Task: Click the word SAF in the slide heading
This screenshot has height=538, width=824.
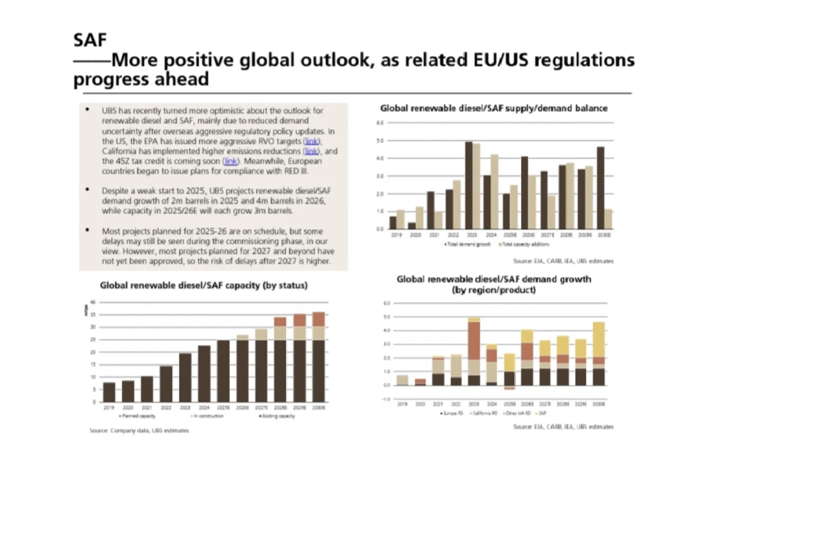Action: coord(90,40)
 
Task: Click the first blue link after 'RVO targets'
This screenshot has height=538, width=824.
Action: coord(312,141)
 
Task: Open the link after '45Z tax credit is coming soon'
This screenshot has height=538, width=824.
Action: coord(230,161)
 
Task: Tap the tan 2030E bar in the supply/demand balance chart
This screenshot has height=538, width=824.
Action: coord(608,219)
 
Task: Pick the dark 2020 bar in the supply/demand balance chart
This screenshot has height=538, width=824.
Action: coord(412,226)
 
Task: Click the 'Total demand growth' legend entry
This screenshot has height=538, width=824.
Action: coord(468,245)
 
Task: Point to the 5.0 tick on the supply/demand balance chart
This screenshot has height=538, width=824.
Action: coord(380,141)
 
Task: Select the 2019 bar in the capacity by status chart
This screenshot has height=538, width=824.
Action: coord(109,392)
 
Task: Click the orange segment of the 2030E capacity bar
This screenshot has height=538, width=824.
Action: coord(318,319)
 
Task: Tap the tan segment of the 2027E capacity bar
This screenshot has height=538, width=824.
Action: coord(261,334)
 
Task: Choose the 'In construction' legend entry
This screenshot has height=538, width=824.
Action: coord(208,416)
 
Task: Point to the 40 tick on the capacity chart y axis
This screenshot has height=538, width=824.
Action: coord(93,302)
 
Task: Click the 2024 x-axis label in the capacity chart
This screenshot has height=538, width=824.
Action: coord(204,407)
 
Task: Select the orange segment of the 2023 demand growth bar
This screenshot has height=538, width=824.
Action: coord(474,341)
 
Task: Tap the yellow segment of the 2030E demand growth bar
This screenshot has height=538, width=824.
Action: coord(599,339)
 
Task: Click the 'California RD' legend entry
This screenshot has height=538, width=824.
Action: coord(485,413)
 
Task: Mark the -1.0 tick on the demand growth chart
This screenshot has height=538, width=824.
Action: coord(386,399)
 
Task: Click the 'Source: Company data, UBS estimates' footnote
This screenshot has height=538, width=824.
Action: coord(139,430)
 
